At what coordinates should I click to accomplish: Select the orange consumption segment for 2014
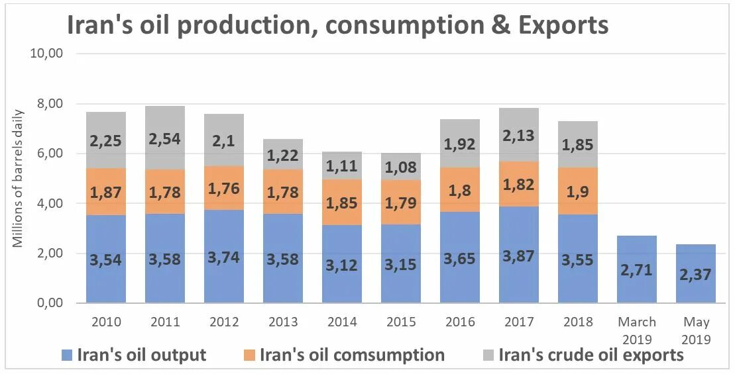pyautogui.click(x=342, y=203)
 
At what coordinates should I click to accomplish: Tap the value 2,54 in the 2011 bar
pyautogui.click(x=165, y=139)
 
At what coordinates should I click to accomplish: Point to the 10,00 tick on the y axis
pyautogui.click(x=47, y=54)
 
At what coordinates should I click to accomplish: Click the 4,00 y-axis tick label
pyautogui.click(x=47, y=203)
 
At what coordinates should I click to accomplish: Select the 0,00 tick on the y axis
pyautogui.click(x=47, y=303)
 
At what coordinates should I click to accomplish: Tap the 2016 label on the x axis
pyautogui.click(x=460, y=322)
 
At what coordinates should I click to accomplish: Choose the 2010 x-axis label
pyautogui.click(x=106, y=322)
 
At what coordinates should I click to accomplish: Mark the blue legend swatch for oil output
pyautogui.click(x=66, y=355)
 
